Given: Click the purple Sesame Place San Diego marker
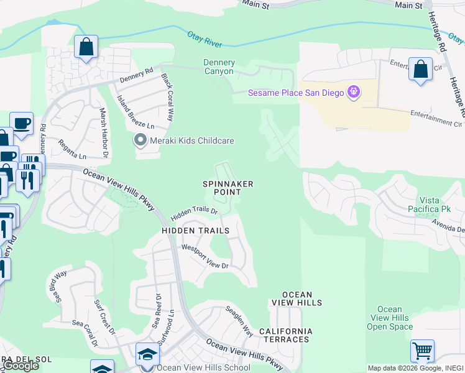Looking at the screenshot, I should (354, 93).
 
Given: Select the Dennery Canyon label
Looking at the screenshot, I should (219, 67).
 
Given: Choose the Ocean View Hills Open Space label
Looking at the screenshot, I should (390, 318).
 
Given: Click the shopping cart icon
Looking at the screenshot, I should (422, 351).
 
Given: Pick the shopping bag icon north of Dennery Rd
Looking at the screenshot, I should (86, 47).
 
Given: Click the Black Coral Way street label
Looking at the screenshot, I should (167, 97).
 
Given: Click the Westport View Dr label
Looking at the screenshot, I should (205, 257).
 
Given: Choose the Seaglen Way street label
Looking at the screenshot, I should (239, 320).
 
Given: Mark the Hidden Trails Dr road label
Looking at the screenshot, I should (195, 213).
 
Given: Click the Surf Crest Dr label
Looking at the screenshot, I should (104, 317).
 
